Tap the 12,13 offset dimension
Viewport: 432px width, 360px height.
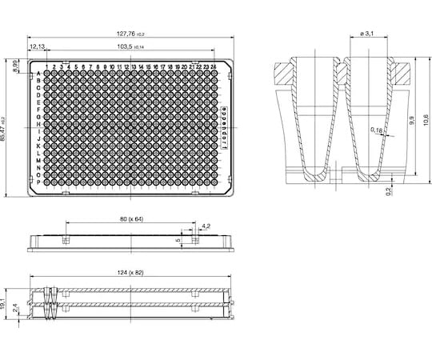click(x=38, y=48)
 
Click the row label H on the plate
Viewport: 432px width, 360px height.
click(x=38, y=124)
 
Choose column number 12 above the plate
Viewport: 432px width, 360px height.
click(x=128, y=66)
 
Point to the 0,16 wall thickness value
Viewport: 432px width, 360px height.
click(x=376, y=130)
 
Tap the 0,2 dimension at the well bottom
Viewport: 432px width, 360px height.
click(x=389, y=191)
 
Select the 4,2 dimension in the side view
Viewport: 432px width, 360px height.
click(x=206, y=227)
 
